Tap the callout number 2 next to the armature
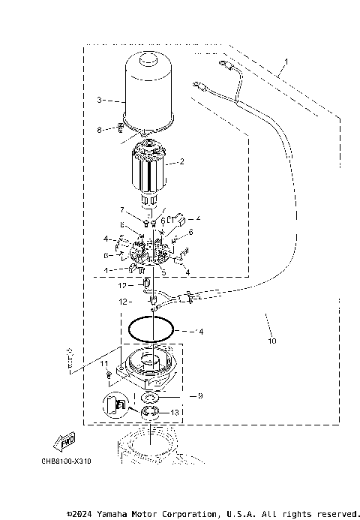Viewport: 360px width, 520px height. tap(181, 161)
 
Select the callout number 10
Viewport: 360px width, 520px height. tap(271, 341)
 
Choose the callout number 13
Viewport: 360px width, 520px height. tap(196, 413)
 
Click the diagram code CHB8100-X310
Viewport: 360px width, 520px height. tap(67, 461)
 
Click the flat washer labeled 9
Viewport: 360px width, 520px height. tap(149, 395)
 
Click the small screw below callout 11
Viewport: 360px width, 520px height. tap(109, 373)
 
